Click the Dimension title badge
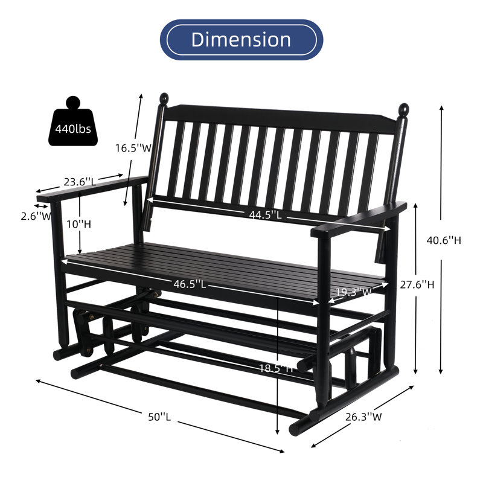[241, 40]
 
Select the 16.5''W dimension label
[133, 148]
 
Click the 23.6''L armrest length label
[79, 181]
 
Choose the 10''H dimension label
[78, 224]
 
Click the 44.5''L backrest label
[266, 214]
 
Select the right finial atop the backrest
[403, 110]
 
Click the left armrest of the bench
[91, 188]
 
